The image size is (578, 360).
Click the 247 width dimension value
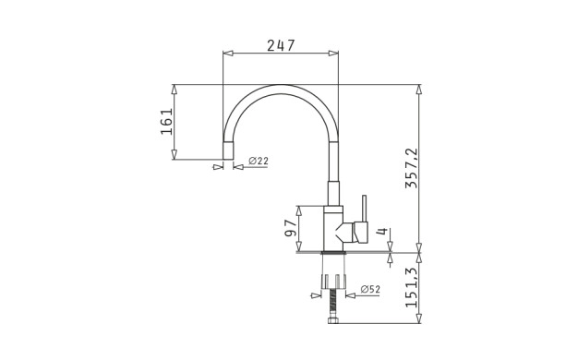(281, 45)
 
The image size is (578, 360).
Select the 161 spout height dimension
(166, 122)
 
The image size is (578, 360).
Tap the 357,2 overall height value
(412, 168)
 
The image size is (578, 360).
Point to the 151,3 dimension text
(412, 287)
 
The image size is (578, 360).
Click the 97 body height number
(291, 228)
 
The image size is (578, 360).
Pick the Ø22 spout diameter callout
(259, 161)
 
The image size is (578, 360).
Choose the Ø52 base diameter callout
(370, 290)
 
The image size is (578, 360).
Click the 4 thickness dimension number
(382, 232)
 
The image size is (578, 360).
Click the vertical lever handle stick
(364, 209)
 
